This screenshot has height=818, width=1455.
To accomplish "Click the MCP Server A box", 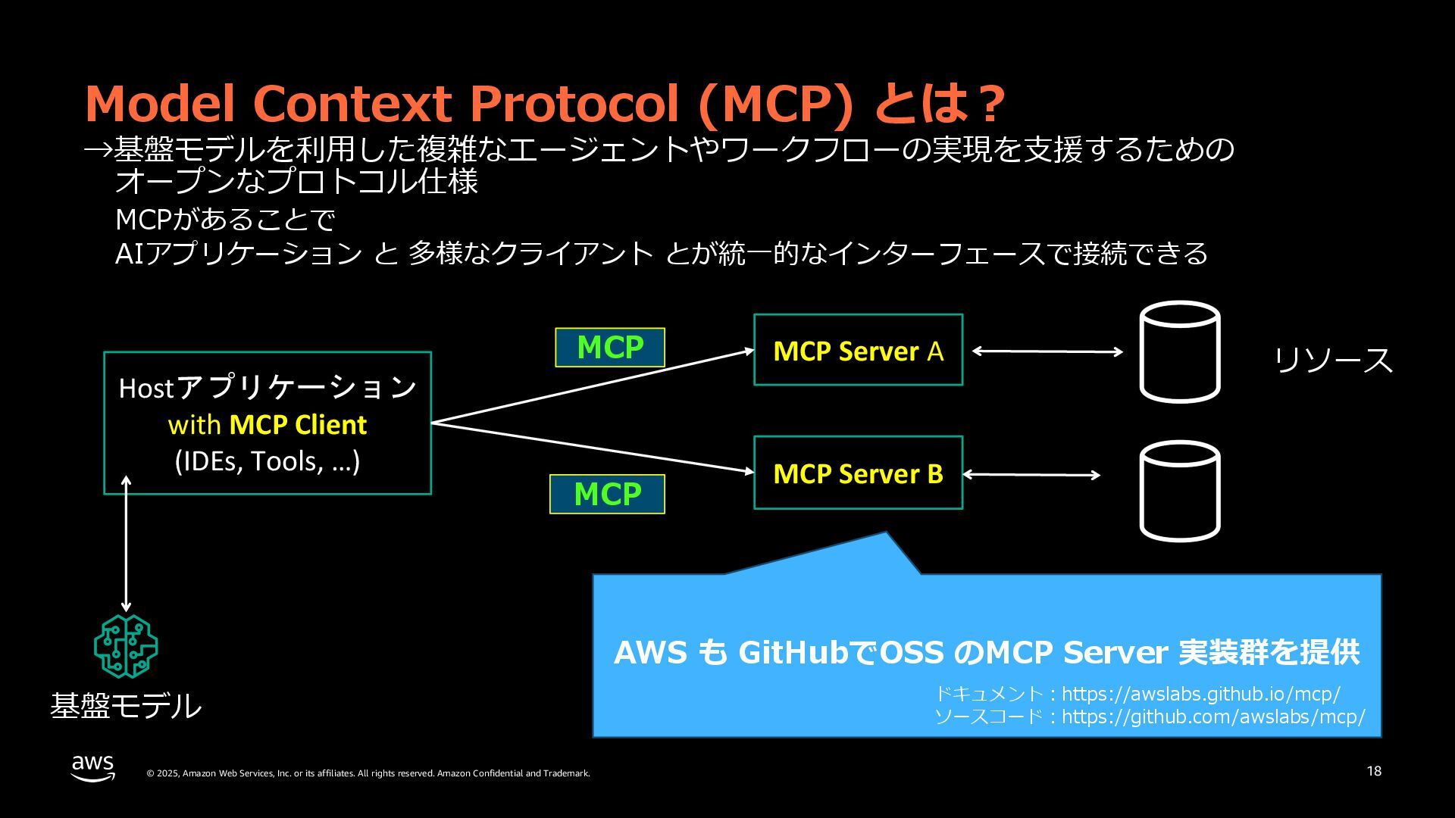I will pyautogui.click(x=858, y=351).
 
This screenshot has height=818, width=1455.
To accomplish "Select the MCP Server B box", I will pyautogui.click(x=858, y=473).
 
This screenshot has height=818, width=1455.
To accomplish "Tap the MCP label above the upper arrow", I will pyautogui.click(x=610, y=348).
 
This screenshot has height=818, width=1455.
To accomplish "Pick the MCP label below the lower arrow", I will pyautogui.click(x=607, y=495).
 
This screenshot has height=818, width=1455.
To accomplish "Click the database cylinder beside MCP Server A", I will pyautogui.click(x=1180, y=352).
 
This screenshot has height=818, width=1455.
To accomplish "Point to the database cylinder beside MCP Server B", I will pyautogui.click(x=1180, y=492).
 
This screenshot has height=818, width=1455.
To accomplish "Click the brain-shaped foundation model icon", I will pyautogui.click(x=126, y=646).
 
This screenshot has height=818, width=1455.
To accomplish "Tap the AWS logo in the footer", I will pyautogui.click(x=93, y=767).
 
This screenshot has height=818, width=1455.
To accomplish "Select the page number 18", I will pyautogui.click(x=1374, y=771).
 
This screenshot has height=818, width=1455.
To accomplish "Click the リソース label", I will pyautogui.click(x=1333, y=360).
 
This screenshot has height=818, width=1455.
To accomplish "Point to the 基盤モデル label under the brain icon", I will pyautogui.click(x=126, y=706).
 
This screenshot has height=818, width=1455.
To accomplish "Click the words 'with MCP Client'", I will pyautogui.click(x=268, y=425).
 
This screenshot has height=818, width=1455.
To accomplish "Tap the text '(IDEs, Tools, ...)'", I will pyautogui.click(x=268, y=461).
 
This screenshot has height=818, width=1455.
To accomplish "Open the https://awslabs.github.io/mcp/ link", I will pyautogui.click(x=1200, y=694).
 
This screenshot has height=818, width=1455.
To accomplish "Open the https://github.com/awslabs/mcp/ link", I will pyautogui.click(x=1213, y=717).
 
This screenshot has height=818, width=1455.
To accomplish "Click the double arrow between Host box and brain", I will pyautogui.click(x=126, y=544).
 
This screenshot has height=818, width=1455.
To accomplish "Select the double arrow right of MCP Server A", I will pyautogui.click(x=1047, y=351).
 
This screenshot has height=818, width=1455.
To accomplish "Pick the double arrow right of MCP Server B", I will pyautogui.click(x=1031, y=475).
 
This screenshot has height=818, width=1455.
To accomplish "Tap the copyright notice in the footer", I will pyautogui.click(x=368, y=773).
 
